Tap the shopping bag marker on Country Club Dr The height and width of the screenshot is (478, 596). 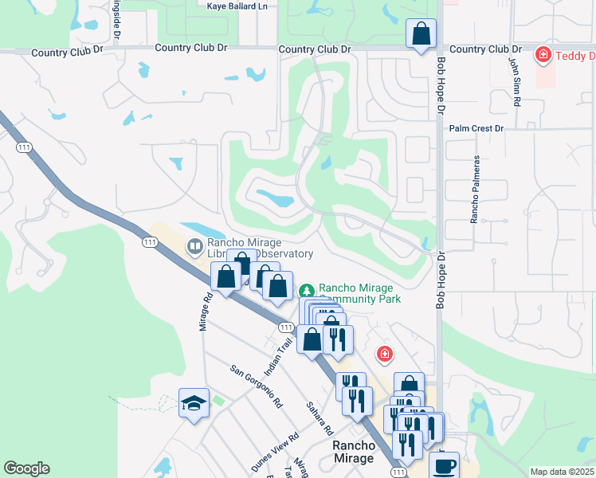click(421, 34)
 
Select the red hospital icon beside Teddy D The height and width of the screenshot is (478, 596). click(543, 55)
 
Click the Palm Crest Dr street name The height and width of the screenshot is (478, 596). click(476, 127)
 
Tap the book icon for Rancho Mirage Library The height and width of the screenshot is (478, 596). click(194, 246)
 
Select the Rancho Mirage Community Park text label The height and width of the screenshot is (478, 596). click(359, 293)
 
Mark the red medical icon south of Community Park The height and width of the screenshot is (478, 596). click(384, 353)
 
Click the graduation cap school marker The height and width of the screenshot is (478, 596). click(194, 403)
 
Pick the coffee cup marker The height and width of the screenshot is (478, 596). click(444, 465)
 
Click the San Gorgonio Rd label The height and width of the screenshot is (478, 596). click(256, 386)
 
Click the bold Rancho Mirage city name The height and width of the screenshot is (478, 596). click(353, 452)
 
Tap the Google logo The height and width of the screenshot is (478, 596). click(26, 468)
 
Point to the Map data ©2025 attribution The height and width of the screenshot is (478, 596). click(561, 472)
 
